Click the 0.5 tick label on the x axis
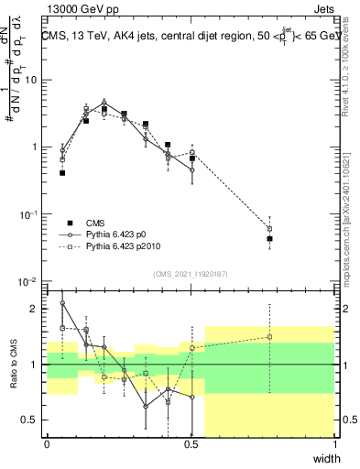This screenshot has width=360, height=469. (191, 444)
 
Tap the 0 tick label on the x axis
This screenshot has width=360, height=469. (47, 444)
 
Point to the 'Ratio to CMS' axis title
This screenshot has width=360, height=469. (12, 364)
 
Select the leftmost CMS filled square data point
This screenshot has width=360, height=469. (62, 172)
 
